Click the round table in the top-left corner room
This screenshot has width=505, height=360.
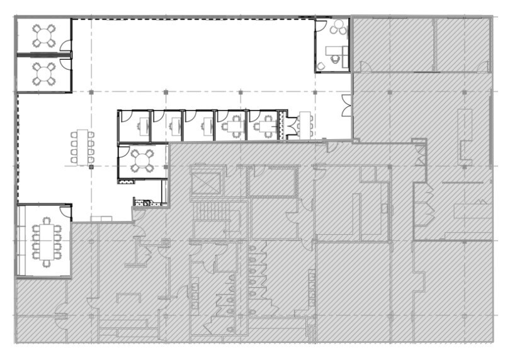click(x=44, y=35)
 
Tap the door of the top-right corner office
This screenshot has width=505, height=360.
click(x=321, y=27)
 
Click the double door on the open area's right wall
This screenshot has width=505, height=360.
click(x=346, y=106)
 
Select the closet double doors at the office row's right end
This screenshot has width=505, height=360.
click(x=290, y=127)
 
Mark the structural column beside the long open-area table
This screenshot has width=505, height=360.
click(x=91, y=167)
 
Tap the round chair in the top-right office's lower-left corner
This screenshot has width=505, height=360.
click(x=321, y=65)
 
